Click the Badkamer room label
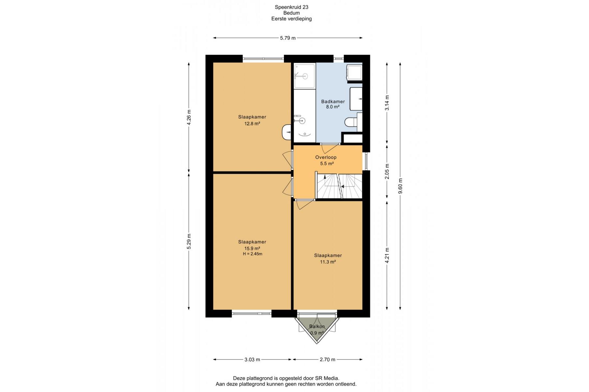[x=333, y=102]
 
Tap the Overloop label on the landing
[x=326, y=157]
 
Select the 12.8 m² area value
[x=252, y=123]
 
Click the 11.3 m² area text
[x=328, y=262]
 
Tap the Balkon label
[x=317, y=326]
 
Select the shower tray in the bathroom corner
[x=305, y=76]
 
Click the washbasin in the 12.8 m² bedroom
[x=286, y=132]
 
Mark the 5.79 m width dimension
[x=288, y=38]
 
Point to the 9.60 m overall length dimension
[x=400, y=186]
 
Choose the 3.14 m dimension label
[x=387, y=103]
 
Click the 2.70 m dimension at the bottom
[x=327, y=360]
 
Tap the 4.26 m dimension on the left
[x=189, y=117]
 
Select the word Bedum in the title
[x=291, y=13]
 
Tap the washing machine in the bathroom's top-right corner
[x=354, y=72]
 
